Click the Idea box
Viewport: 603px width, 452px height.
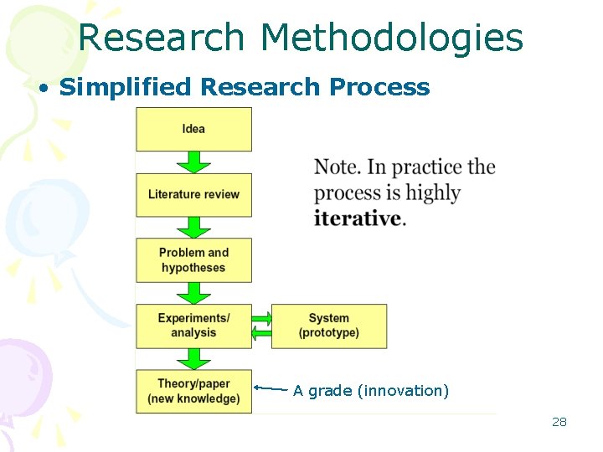pyautogui.click(x=193, y=129)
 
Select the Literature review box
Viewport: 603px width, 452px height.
pyautogui.click(x=193, y=194)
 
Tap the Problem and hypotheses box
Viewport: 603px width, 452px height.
pyautogui.click(x=193, y=259)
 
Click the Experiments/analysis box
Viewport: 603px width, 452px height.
pyautogui.click(x=193, y=326)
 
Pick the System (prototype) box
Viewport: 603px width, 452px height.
pyautogui.click(x=329, y=326)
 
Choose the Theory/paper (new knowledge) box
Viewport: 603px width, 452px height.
pyautogui.click(x=193, y=391)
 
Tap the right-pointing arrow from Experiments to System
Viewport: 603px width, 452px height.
pyautogui.click(x=262, y=318)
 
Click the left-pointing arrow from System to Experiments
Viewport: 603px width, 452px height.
pyautogui.click(x=262, y=334)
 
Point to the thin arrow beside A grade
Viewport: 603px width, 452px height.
pyautogui.click(x=271, y=388)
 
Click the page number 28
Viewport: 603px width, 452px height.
pyautogui.click(x=559, y=422)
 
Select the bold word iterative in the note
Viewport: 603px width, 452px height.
pyautogui.click(x=358, y=218)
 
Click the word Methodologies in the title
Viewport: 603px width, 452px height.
pyautogui.click(x=391, y=38)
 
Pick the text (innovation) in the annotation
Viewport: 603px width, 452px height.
pyautogui.click(x=403, y=391)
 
